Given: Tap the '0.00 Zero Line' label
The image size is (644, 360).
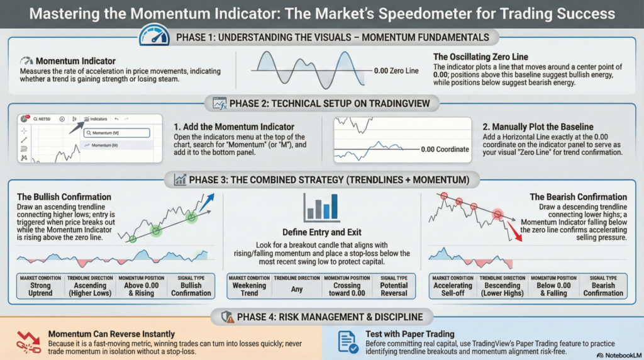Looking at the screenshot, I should point(396,71).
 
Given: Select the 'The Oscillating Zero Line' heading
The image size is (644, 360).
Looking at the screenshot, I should point(480,57).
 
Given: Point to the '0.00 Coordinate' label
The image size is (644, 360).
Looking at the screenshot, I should point(445,149).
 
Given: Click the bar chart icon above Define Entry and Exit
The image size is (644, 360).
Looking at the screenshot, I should point(321,208).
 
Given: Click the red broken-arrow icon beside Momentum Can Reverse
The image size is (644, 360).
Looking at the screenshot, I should point(26,340).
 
